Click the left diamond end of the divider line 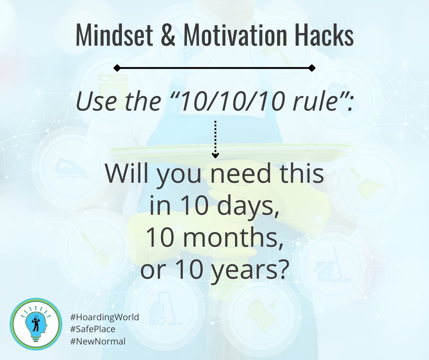pos(117,68)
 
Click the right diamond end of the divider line pos(312,68)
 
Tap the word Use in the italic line pos(93,103)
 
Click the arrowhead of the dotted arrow pos(214,155)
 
